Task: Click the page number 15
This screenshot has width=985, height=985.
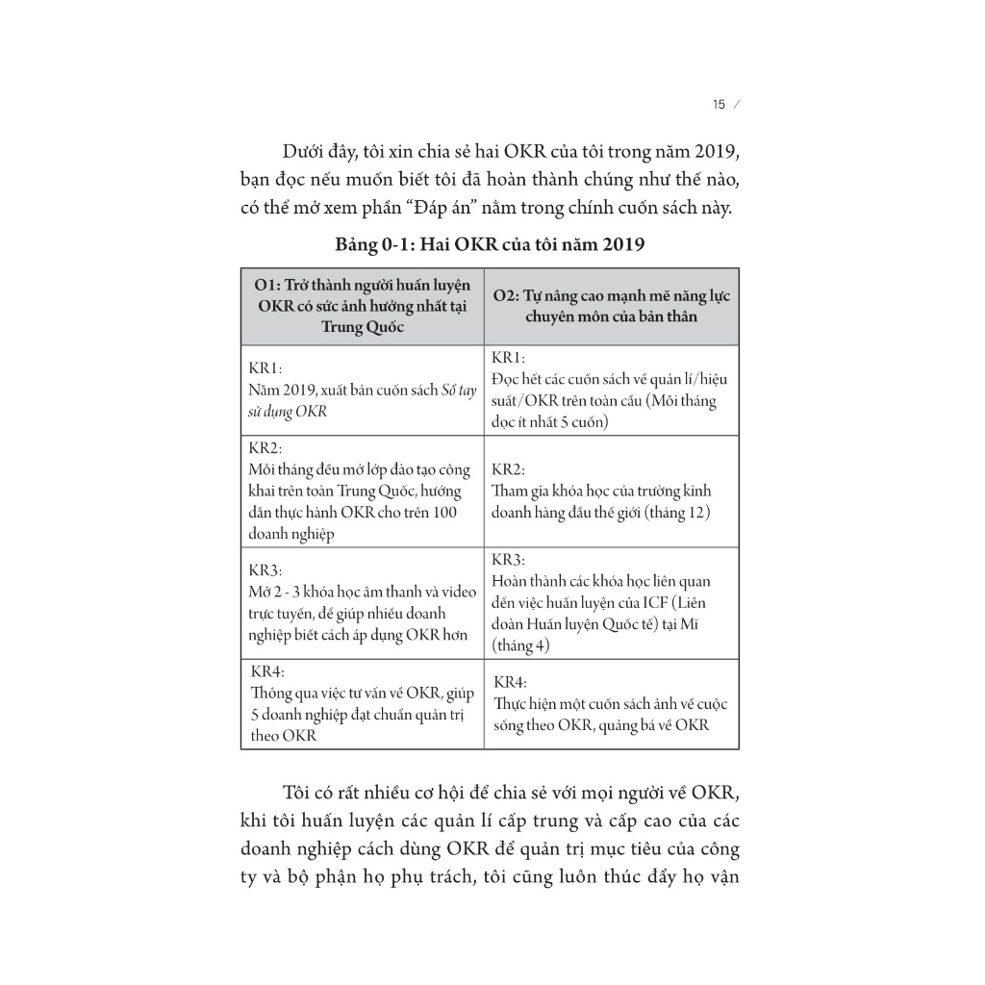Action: pyautogui.click(x=718, y=105)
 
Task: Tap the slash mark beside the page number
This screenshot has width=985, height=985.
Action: pyautogui.click(x=737, y=105)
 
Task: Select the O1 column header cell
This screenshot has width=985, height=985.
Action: pyautogui.click(x=362, y=306)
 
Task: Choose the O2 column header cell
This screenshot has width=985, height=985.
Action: pyautogui.click(x=611, y=306)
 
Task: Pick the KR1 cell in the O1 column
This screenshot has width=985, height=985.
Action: pyautogui.click(x=362, y=390)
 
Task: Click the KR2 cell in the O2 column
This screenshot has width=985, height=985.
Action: pyautogui.click(x=611, y=491)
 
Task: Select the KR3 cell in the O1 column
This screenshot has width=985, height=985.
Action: pyautogui.click(x=362, y=601)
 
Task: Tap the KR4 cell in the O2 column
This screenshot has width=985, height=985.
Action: pyautogui.click(x=611, y=703)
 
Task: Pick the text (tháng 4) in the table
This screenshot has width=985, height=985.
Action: pyautogui.click(x=520, y=645)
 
